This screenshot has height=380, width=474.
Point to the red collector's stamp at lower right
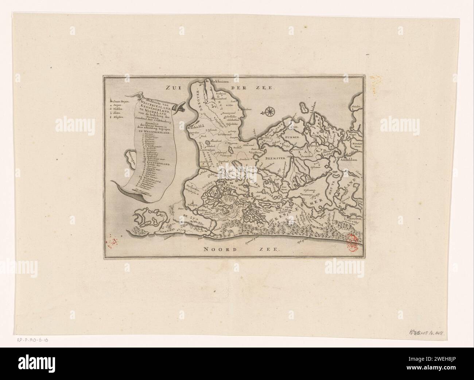(x=351, y=243)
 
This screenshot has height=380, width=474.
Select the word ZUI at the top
(x=174, y=87)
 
